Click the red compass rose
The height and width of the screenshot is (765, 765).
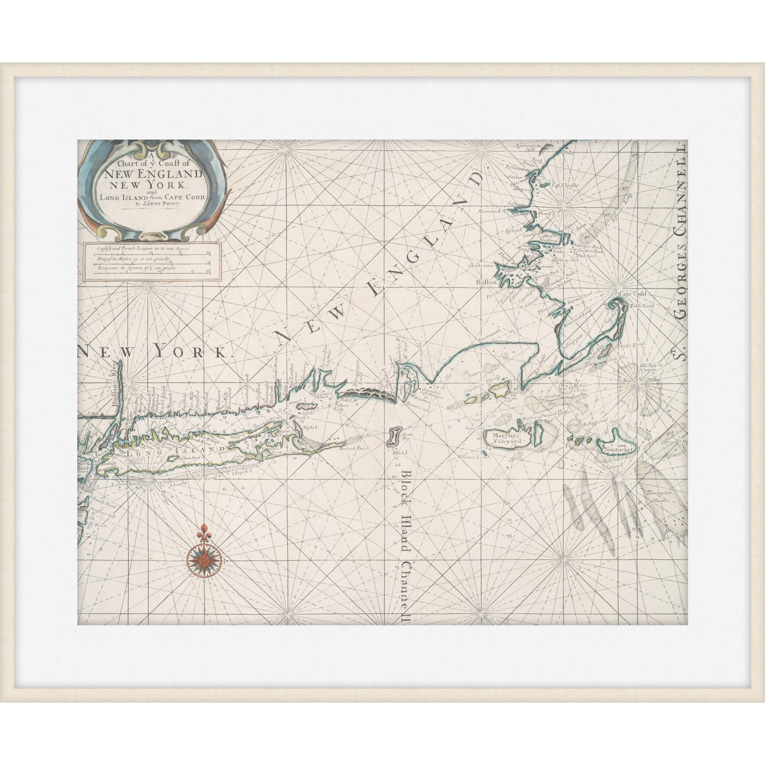point(205,560)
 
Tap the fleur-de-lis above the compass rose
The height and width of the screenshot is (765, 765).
point(205,529)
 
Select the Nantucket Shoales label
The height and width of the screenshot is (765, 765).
point(658,496)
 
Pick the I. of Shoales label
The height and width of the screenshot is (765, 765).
point(567,185)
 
